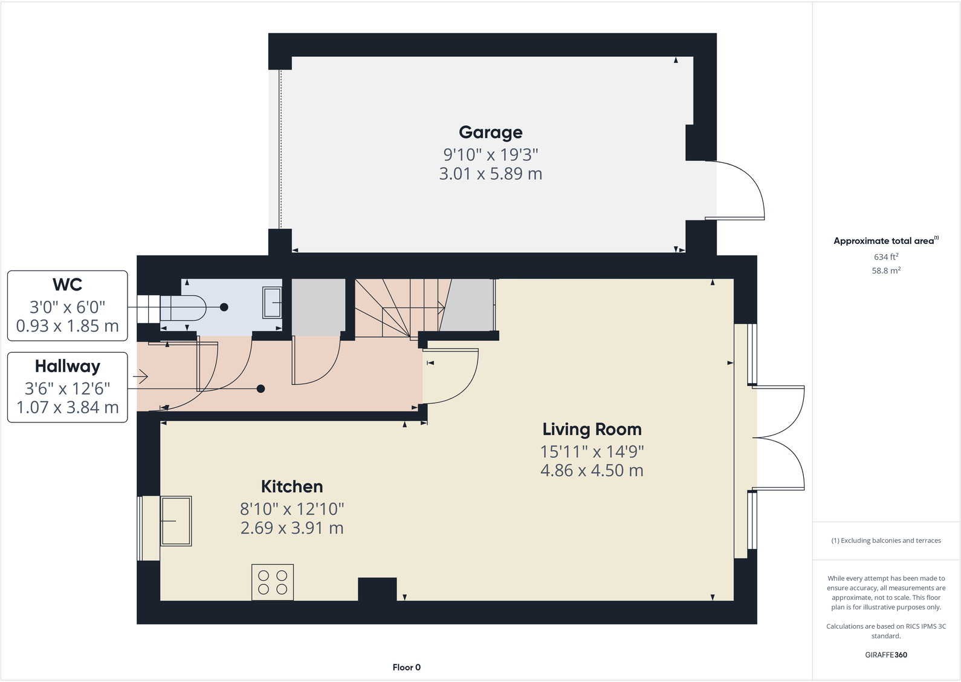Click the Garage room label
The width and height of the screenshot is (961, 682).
pyautogui.click(x=490, y=132)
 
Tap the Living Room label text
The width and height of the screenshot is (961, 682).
pyautogui.click(x=592, y=429)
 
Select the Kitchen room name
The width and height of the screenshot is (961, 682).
pyautogui.click(x=292, y=487)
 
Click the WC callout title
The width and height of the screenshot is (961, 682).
pyautogui.click(x=67, y=284)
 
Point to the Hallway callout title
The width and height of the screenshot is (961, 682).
pyautogui.click(x=67, y=366)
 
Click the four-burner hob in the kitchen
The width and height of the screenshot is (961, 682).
pyautogui.click(x=273, y=582)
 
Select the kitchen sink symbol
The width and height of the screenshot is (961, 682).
pyautogui.click(x=176, y=521)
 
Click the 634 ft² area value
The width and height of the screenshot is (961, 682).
pyautogui.click(x=886, y=257)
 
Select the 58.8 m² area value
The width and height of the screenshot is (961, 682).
pyautogui.click(x=886, y=271)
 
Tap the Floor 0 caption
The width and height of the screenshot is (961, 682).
pyautogui.click(x=406, y=667)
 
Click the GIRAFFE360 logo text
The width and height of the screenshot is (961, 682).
pyautogui.click(x=886, y=655)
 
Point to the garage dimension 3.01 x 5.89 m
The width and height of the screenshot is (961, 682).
pyautogui.click(x=490, y=174)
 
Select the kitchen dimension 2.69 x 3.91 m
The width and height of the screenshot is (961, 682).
pyautogui.click(x=292, y=528)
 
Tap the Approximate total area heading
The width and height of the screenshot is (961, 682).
pyautogui.click(x=884, y=241)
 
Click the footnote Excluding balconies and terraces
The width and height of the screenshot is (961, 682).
pyautogui.click(x=886, y=540)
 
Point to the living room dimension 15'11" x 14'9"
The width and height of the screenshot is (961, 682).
pyautogui.click(x=592, y=451)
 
